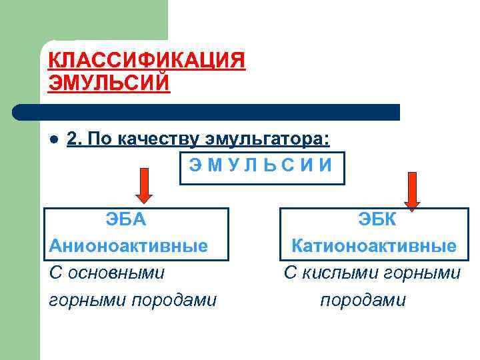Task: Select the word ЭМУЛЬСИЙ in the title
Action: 109,83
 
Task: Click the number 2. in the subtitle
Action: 75,139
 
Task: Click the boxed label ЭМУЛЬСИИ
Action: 261,166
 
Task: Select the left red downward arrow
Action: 144,185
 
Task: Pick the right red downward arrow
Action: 412,191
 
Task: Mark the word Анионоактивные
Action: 129,246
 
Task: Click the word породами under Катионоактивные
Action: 363,301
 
